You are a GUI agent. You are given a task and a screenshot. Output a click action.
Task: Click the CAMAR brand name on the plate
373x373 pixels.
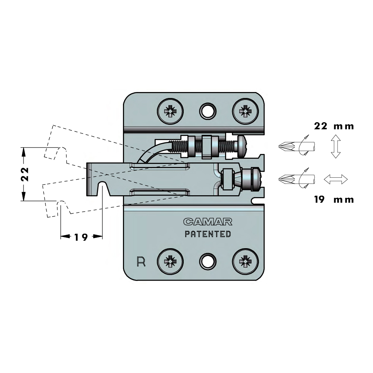click(x=208, y=222)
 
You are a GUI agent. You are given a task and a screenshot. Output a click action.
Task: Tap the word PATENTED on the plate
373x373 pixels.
click(x=208, y=234)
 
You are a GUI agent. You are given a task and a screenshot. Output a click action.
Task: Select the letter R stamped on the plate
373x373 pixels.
click(x=141, y=262)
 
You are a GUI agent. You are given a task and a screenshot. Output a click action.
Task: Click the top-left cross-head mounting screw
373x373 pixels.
click(x=170, y=111)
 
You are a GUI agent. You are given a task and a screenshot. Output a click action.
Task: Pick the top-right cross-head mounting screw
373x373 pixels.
click(x=245, y=111)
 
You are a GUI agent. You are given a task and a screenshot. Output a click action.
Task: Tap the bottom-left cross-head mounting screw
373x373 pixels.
click(x=170, y=262)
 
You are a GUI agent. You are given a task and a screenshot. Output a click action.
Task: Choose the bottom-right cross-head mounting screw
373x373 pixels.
click(x=245, y=262)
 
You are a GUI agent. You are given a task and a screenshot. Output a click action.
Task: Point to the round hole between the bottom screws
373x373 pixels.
click(x=208, y=262)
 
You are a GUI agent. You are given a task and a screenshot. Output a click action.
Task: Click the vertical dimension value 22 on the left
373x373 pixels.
click(x=25, y=174)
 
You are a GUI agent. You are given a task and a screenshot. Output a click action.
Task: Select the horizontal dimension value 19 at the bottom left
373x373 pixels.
click(x=81, y=237)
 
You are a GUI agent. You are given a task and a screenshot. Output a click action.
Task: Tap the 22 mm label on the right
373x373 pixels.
click(x=334, y=126)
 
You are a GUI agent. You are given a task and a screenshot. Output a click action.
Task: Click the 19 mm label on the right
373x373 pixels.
click(x=334, y=199)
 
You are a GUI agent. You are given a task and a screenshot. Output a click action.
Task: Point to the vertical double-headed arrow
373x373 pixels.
click(x=336, y=146)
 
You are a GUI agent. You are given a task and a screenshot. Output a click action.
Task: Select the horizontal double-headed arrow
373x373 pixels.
click(x=336, y=179)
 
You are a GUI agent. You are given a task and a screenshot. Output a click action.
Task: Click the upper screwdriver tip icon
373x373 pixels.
click(x=297, y=146)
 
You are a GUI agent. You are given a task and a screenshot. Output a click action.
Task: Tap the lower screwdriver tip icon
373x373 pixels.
click(x=297, y=179)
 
